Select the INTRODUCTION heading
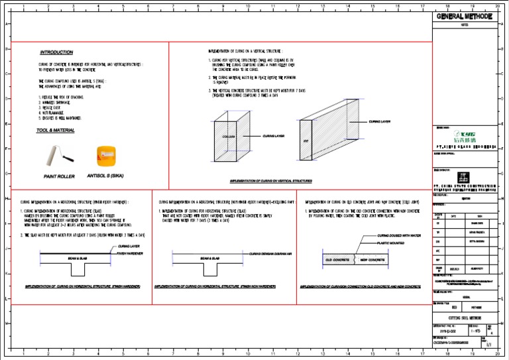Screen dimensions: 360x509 pyautogui.click(x=57, y=52)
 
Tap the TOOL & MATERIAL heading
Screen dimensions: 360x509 pyautogui.click(x=56, y=131)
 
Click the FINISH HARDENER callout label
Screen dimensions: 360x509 pyautogui.click(x=131, y=253)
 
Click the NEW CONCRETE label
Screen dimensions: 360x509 pyautogui.click(x=372, y=260)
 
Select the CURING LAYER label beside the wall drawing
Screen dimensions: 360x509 pyautogui.click(x=380, y=122)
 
